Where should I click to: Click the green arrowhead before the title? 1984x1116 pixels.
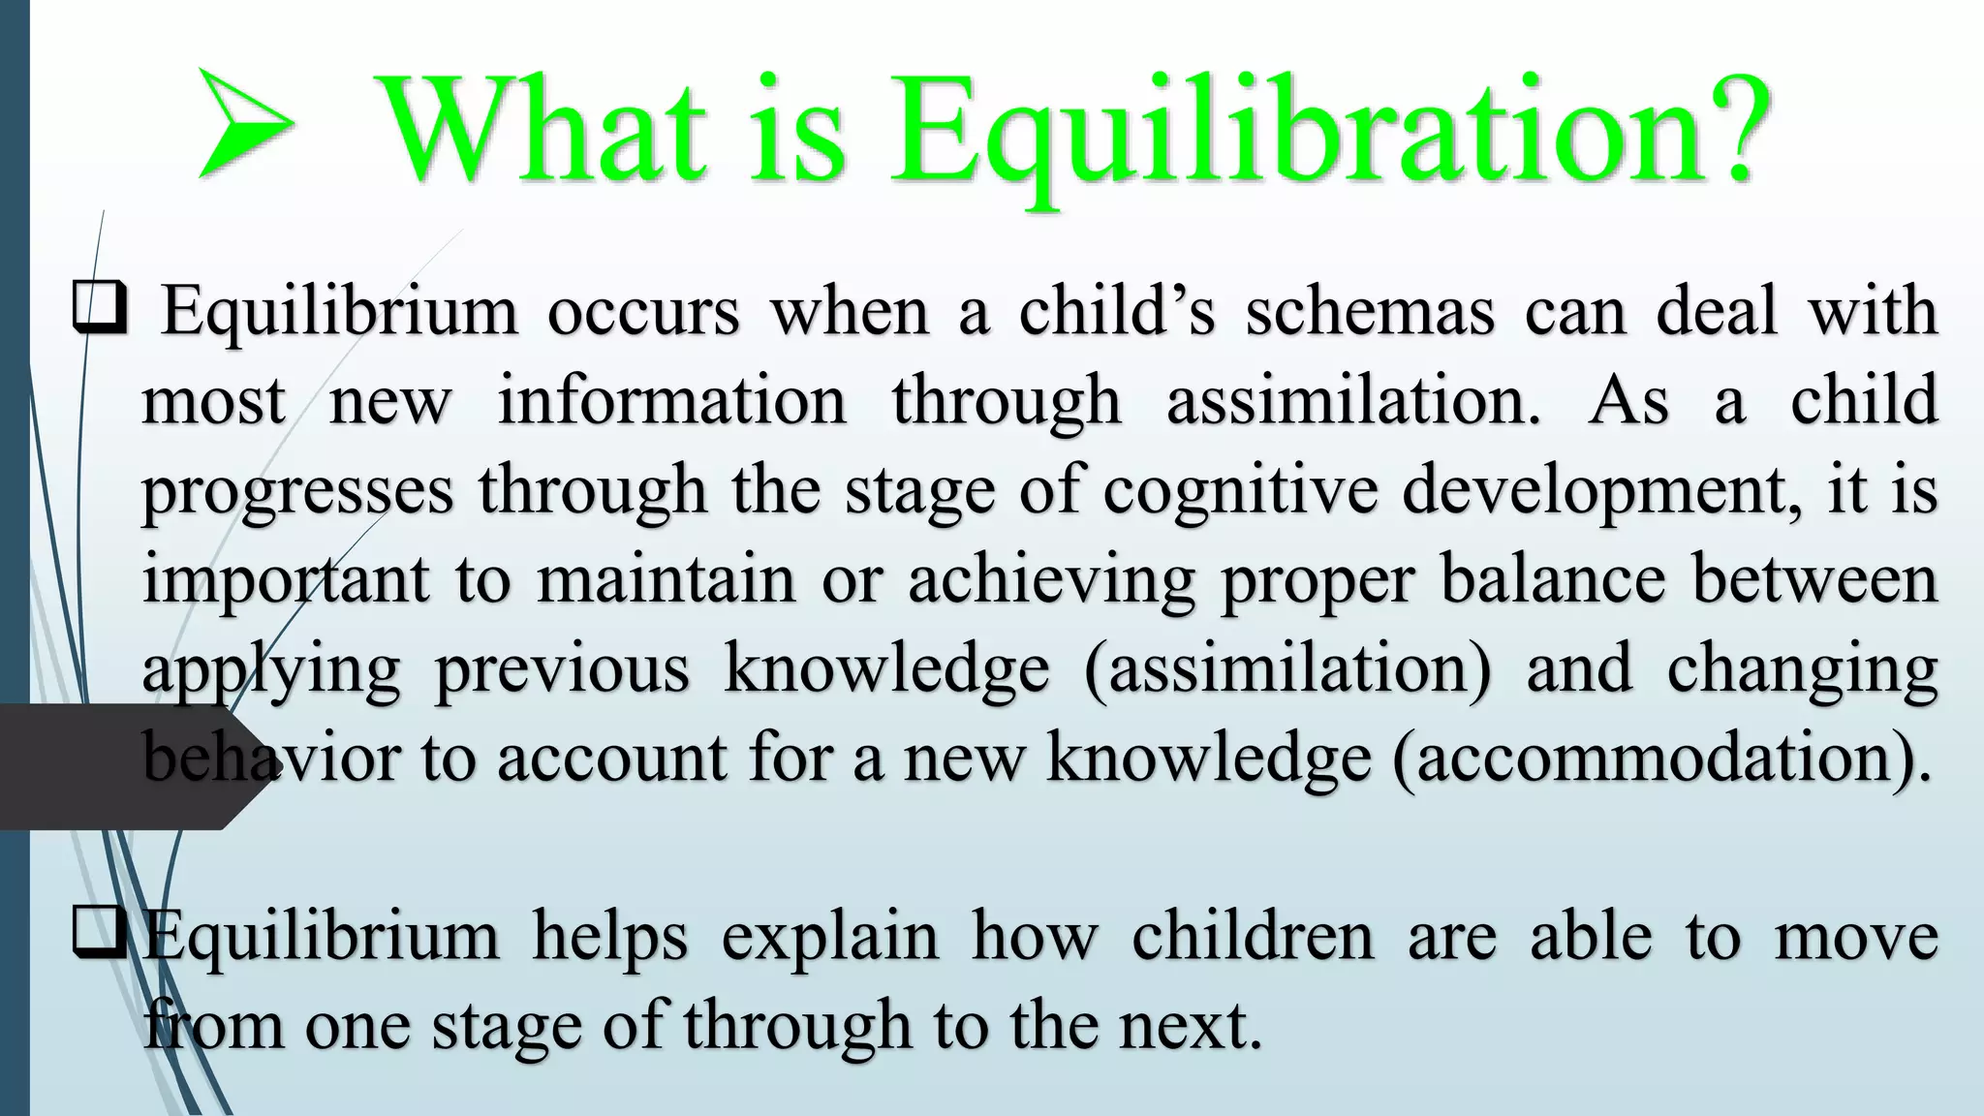242,124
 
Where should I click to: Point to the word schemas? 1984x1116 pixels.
1370,312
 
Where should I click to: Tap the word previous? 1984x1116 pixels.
562,669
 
